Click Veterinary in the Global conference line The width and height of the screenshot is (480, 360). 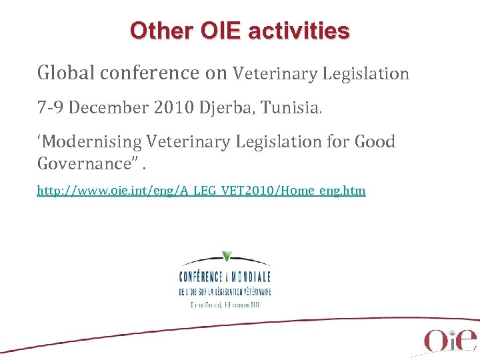click(x=275, y=73)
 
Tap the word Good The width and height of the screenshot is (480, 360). click(x=375, y=142)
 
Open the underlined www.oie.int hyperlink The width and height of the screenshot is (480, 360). click(x=201, y=191)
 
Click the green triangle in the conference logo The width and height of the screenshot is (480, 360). click(x=227, y=256)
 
